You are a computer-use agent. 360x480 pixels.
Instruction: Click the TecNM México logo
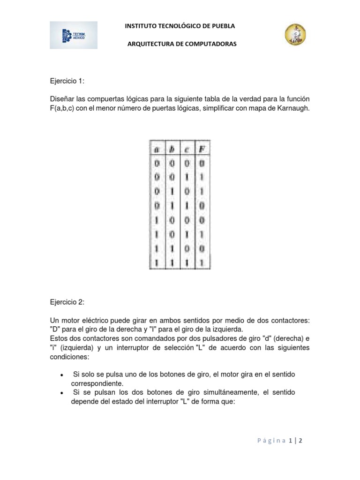(74, 35)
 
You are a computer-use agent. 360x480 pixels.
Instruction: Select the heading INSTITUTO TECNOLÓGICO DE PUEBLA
(180, 26)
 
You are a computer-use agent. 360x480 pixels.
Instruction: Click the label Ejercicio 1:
(67, 81)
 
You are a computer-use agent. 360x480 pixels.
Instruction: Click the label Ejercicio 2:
(67, 302)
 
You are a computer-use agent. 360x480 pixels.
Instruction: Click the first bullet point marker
(62, 375)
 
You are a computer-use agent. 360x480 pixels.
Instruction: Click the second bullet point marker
(62, 393)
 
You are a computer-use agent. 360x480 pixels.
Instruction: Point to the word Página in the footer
(271, 440)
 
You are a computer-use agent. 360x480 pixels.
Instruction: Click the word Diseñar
(62, 99)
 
